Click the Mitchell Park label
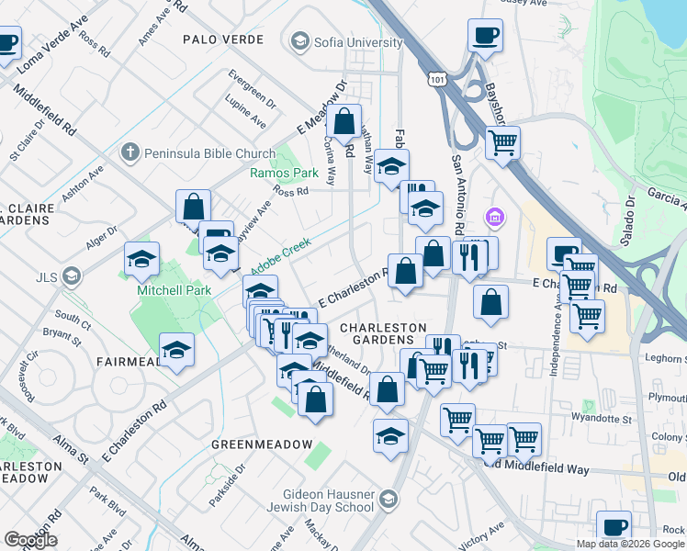[174, 291]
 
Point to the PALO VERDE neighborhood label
[223, 39]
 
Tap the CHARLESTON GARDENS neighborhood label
[383, 334]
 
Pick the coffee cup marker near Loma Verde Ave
[7, 42]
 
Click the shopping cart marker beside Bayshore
[502, 142]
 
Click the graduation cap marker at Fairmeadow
[176, 349]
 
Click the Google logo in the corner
[29, 540]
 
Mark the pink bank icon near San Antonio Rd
[495, 218]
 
